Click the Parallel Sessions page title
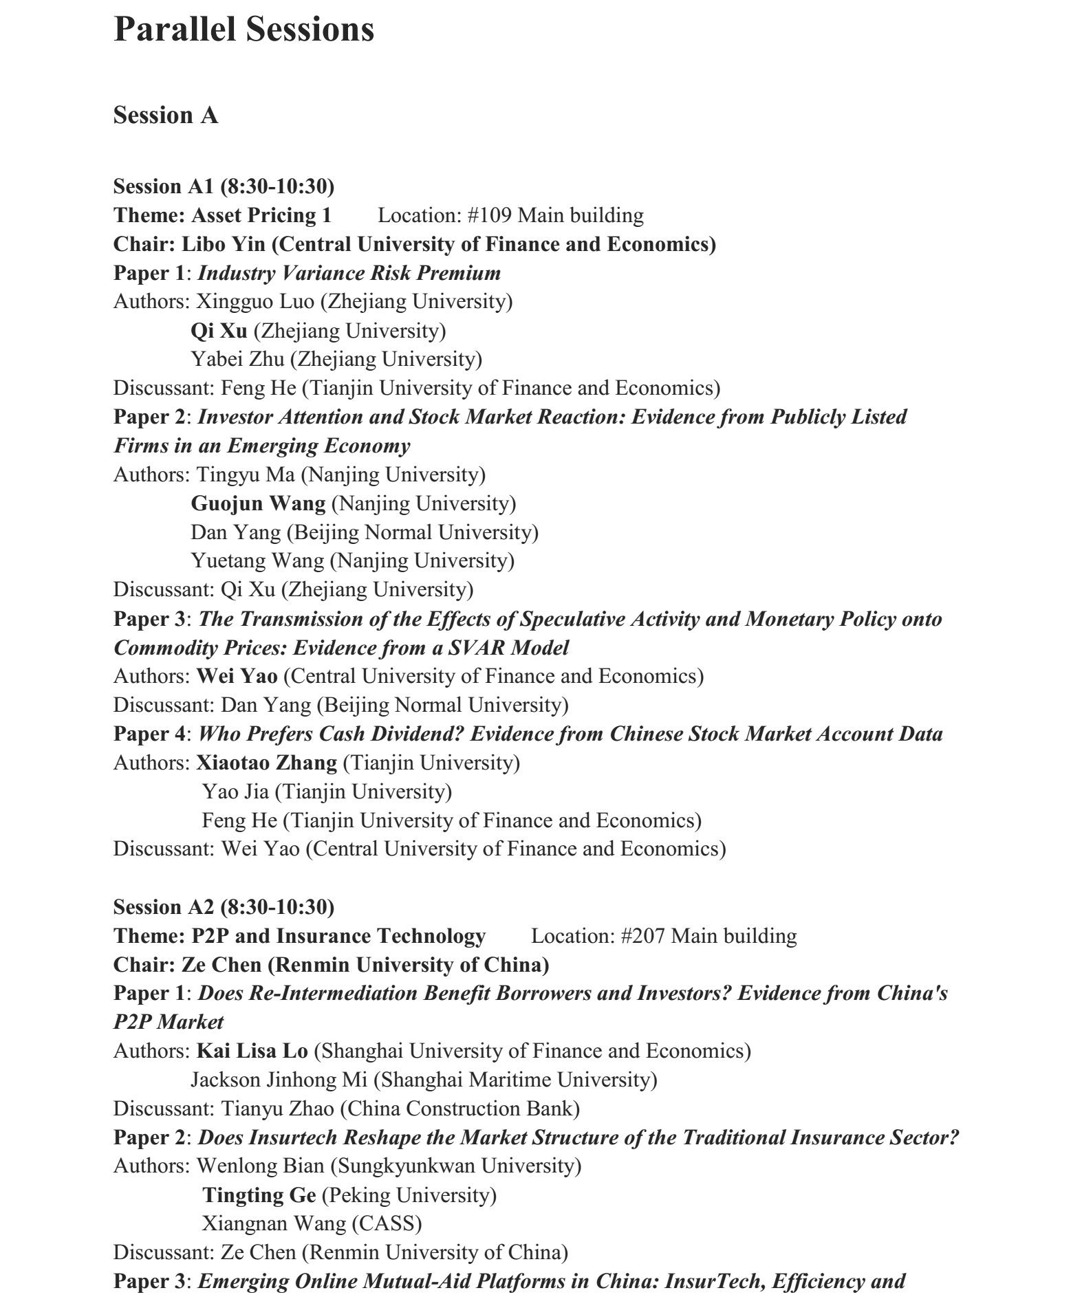coord(244,30)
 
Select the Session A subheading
coord(166,116)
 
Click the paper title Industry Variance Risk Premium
coord(349,274)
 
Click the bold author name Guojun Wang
coord(258,504)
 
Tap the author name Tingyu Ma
coord(246,475)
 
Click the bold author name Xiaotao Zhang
coord(267,763)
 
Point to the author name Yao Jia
coord(235,792)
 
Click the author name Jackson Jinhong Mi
coord(279,1080)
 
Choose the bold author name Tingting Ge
coord(259,1196)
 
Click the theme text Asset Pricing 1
coord(261,216)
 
